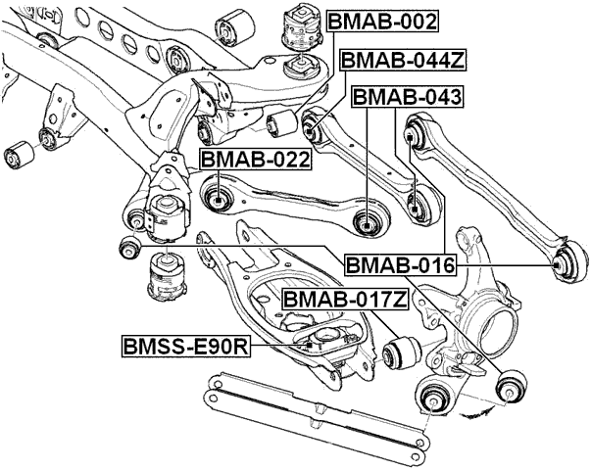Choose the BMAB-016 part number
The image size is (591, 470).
pos(399,264)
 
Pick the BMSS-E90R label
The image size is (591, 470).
pos(182,346)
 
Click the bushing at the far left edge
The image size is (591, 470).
pos(18,155)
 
